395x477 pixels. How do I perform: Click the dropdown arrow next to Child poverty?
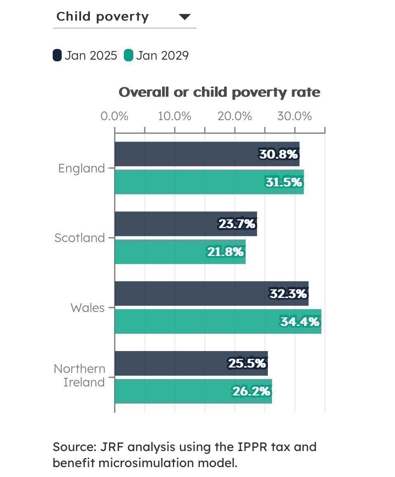pyautogui.click(x=185, y=17)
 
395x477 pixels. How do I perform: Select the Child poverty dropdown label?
pyautogui.click(x=102, y=17)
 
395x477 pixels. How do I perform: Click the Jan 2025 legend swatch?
pyautogui.click(x=57, y=55)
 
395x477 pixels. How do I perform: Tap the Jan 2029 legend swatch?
pyautogui.click(x=128, y=55)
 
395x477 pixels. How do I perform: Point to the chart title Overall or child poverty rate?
pyautogui.click(x=219, y=92)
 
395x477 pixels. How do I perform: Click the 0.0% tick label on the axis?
pyautogui.click(x=114, y=116)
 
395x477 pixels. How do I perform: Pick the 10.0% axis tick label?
pyautogui.click(x=174, y=116)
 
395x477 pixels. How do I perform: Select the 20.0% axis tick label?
pyautogui.click(x=235, y=116)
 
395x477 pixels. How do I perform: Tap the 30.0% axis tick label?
pyautogui.click(x=294, y=116)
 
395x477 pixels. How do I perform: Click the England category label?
pyautogui.click(x=81, y=168)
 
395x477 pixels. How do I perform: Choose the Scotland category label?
pyautogui.click(x=80, y=238)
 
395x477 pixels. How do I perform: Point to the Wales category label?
pyautogui.click(x=88, y=307)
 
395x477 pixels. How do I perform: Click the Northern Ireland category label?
pyautogui.click(x=79, y=375)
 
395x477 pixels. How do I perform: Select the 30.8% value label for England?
pyautogui.click(x=278, y=154)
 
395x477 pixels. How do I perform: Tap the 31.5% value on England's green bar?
pyautogui.click(x=283, y=182)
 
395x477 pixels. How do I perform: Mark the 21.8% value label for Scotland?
pyautogui.click(x=225, y=251)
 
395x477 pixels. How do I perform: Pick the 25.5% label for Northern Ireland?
pyautogui.click(x=247, y=363)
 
